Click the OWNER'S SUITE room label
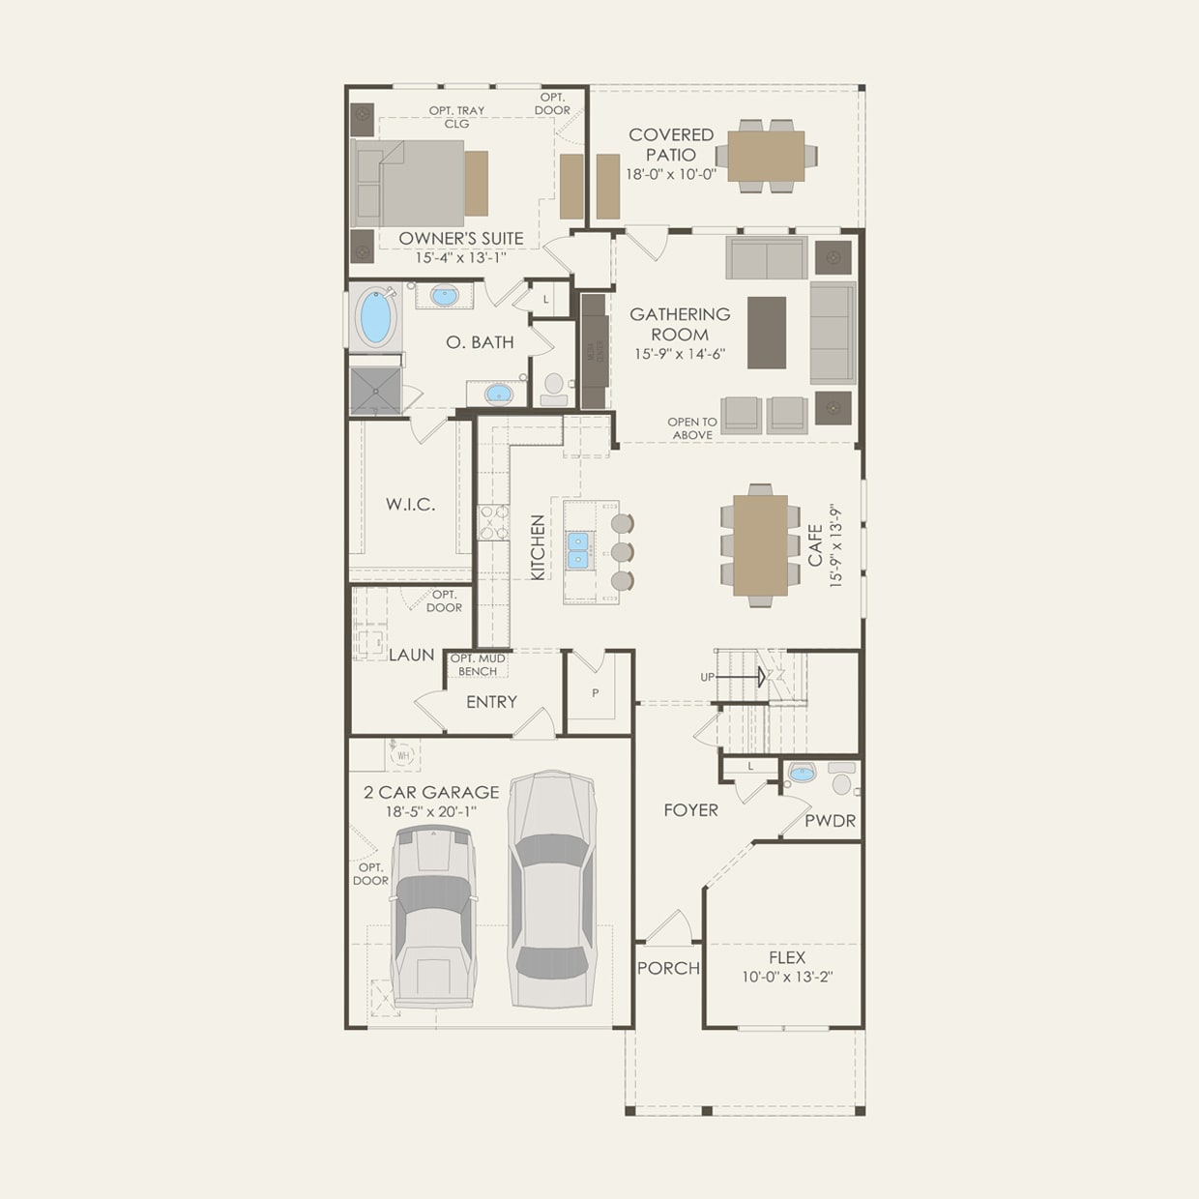click(x=461, y=238)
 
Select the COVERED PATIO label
click(x=671, y=145)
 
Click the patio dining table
click(x=766, y=156)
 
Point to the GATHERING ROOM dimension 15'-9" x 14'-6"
click(x=680, y=354)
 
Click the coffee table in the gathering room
click(x=767, y=333)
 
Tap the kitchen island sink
click(x=578, y=550)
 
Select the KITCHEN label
click(x=538, y=547)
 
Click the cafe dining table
click(x=760, y=545)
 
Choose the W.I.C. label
click(x=410, y=504)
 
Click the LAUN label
click(x=411, y=655)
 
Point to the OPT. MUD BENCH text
click(x=478, y=665)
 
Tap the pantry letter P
click(x=596, y=693)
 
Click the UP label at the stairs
click(x=708, y=677)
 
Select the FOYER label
click(x=690, y=810)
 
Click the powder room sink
click(x=802, y=773)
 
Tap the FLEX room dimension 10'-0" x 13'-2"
click(x=787, y=977)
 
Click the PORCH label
click(x=668, y=968)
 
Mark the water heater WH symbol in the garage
click(x=403, y=754)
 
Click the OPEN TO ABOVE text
click(x=692, y=428)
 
